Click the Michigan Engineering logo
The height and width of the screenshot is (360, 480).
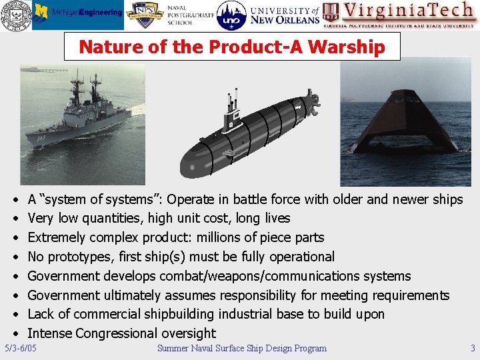click(x=78, y=14)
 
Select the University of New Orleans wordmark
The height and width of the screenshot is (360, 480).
click(x=284, y=15)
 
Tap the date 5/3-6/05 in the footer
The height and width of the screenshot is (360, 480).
click(x=21, y=348)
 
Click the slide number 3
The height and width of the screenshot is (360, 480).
click(x=472, y=348)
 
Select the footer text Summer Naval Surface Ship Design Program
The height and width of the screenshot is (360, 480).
click(x=241, y=348)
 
